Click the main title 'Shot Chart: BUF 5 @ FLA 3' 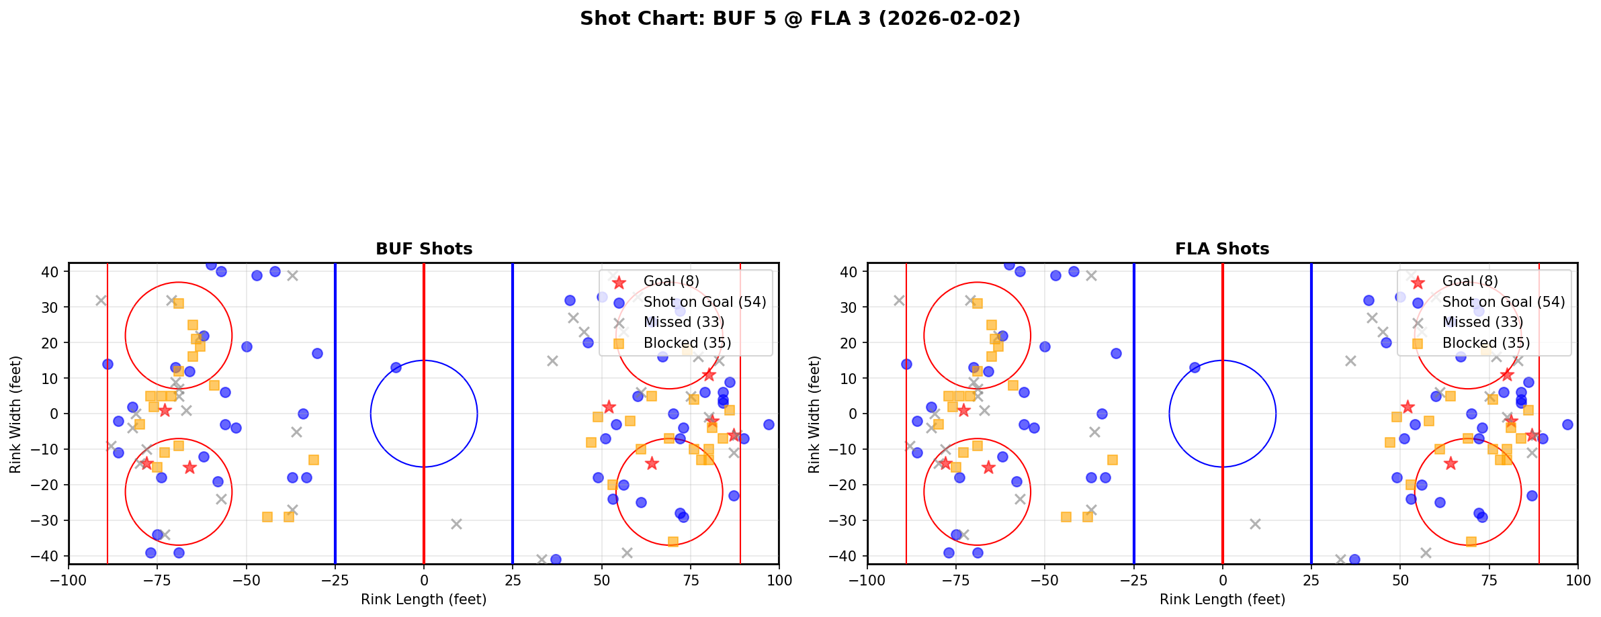pos(799,18)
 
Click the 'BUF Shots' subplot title pos(424,249)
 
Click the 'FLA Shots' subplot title pos(1222,249)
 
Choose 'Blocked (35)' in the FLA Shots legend pos(1485,343)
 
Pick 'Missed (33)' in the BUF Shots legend pos(683,322)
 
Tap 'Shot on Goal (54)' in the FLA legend pos(1503,302)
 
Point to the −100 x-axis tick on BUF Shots pos(69,580)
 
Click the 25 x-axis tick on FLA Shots pos(1311,580)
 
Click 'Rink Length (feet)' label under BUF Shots pos(424,600)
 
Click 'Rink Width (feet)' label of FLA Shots pos(814,414)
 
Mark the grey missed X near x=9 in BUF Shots pos(456,524)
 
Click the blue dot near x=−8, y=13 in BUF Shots pos(396,367)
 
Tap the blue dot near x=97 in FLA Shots pos(1567,424)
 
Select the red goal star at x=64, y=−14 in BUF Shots pos(652,463)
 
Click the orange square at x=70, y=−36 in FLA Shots pos(1471,541)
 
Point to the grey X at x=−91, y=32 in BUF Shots pos(101,300)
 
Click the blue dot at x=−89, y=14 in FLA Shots pos(906,364)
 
